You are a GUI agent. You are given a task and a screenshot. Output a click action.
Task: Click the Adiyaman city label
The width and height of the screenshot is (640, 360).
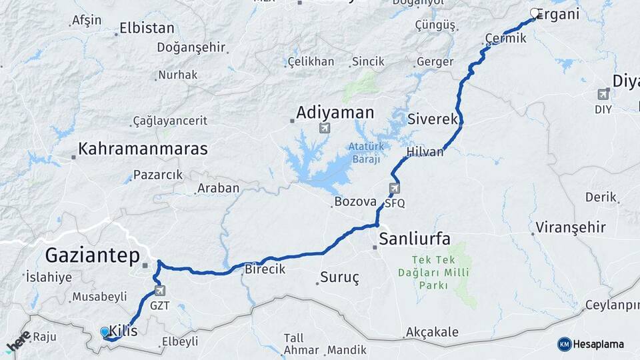pyautogui.click(x=335, y=112)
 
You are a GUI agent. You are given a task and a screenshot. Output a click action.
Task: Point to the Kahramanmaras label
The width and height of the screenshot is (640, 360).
pyautogui.click(x=143, y=149)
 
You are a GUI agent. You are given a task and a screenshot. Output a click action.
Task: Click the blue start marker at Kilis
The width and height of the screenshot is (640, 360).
pyautogui.click(x=105, y=331)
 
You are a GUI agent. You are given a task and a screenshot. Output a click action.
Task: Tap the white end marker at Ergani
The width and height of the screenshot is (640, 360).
pyautogui.click(x=535, y=12)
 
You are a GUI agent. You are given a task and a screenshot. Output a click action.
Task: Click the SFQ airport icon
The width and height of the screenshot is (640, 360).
pyautogui.click(x=395, y=189)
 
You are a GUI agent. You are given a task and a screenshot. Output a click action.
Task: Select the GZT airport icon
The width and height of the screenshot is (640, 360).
pyautogui.click(x=159, y=290)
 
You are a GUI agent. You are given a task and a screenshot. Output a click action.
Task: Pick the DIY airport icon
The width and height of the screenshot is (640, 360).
pyautogui.click(x=603, y=94)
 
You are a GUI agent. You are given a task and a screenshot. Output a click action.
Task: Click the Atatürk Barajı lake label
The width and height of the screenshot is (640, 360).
pyautogui.click(x=364, y=152)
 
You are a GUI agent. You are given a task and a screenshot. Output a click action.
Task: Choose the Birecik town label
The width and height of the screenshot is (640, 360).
pyautogui.click(x=265, y=269)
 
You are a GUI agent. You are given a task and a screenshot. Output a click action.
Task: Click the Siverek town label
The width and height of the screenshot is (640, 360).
pyautogui.click(x=433, y=120)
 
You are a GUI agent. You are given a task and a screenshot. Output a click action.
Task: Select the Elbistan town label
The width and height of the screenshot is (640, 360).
pyautogui.click(x=147, y=29)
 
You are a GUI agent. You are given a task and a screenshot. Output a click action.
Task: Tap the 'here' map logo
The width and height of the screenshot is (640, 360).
pyautogui.click(x=18, y=341)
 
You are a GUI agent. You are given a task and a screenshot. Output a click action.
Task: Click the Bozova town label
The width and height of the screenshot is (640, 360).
pyautogui.click(x=355, y=201)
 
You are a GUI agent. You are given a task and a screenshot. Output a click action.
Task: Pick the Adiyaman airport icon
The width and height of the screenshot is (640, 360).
pyautogui.click(x=325, y=127)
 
